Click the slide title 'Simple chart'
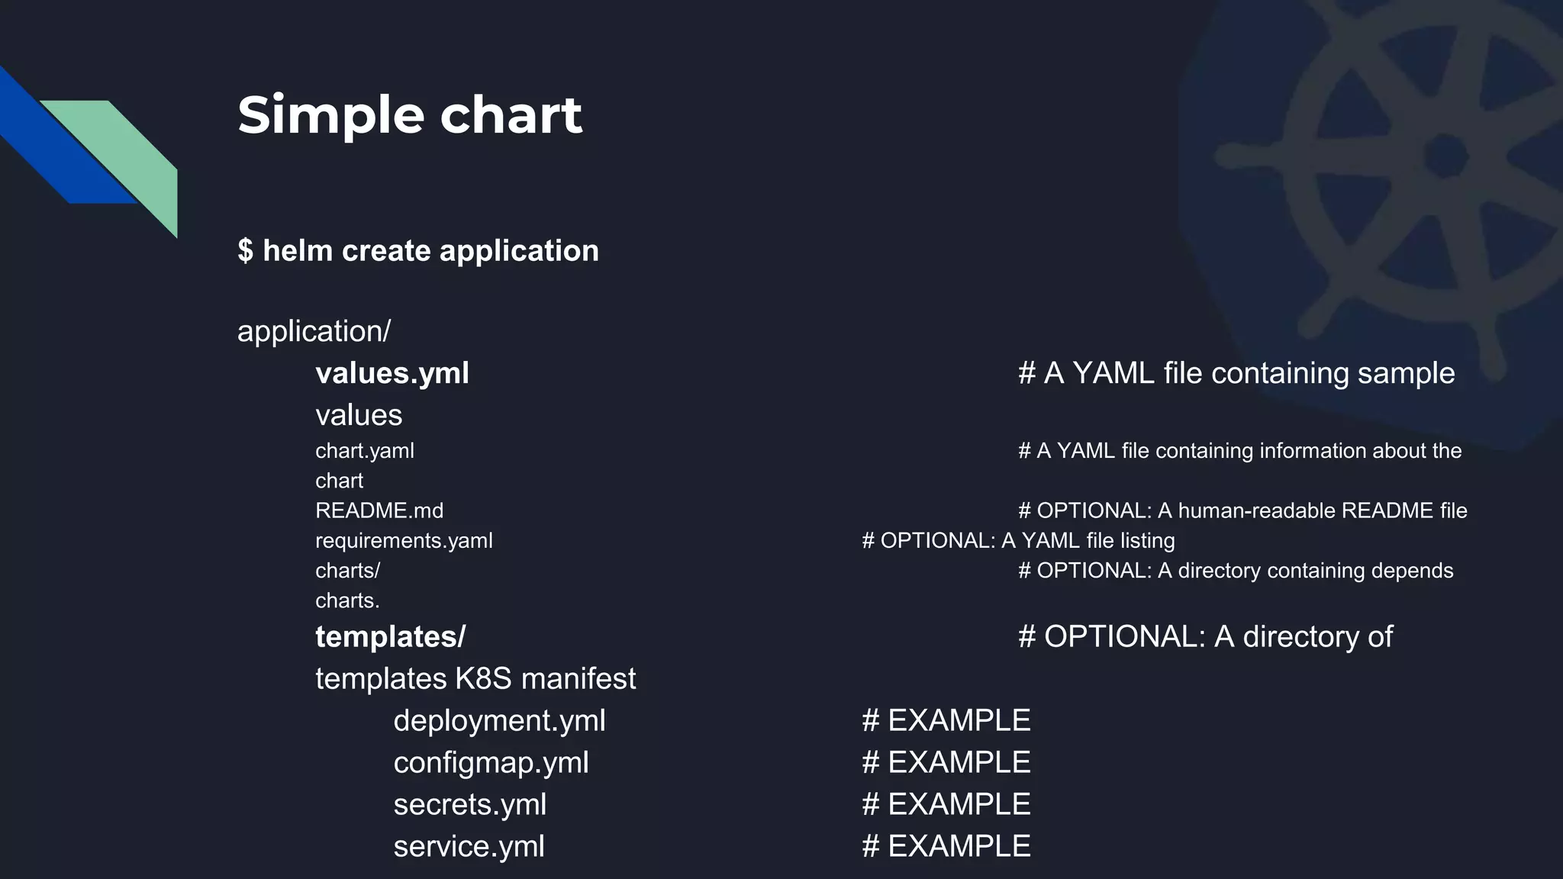click(410, 115)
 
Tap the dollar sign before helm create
click(245, 250)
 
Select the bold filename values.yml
click(392, 373)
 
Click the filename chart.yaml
click(365, 451)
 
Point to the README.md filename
click(379, 510)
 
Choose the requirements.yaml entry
click(404, 541)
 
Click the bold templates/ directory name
click(390, 636)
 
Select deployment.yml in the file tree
click(499, 720)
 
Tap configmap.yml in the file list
click(491, 762)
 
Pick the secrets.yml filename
click(470, 804)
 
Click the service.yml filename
click(469, 846)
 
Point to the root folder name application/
click(314, 331)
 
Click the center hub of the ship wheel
click(1445, 156)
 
